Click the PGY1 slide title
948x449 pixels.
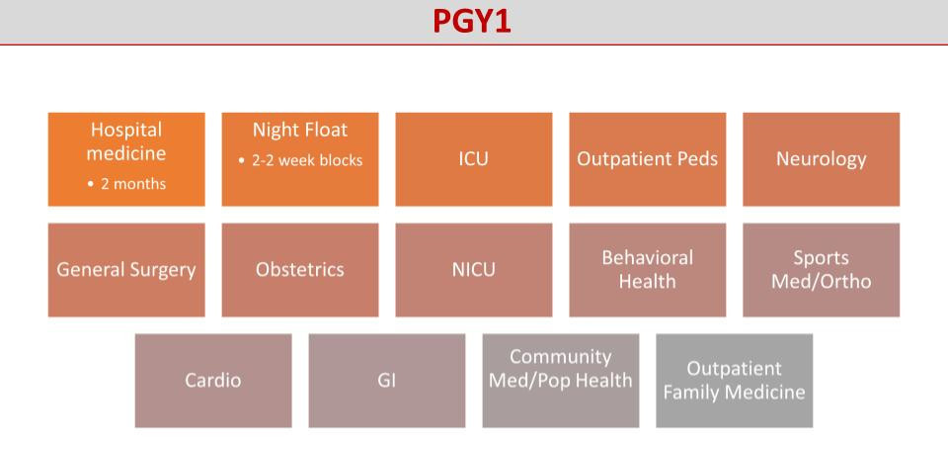472,22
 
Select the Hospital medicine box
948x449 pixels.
126,159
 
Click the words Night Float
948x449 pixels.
300,131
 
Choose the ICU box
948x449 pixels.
474,159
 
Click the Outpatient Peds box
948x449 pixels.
648,159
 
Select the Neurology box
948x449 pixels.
821,159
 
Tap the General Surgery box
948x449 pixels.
126,270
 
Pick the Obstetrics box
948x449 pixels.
300,270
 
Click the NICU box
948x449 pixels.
474,270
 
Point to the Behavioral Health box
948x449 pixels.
648,270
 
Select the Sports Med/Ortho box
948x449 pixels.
821,270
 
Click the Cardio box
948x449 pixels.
213,381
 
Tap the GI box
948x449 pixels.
387,381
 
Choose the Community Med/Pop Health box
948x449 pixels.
561,381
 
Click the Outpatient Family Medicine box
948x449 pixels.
734,381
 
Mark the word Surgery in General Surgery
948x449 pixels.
161,271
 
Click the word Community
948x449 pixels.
561,357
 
